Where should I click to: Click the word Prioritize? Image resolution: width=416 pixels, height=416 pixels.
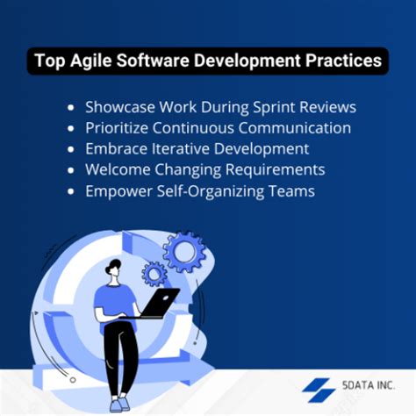[119, 128]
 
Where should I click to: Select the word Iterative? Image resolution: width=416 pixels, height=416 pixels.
[183, 148]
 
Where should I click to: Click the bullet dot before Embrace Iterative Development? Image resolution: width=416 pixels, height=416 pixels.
[71, 149]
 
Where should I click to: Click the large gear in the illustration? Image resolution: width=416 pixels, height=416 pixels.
[184, 253]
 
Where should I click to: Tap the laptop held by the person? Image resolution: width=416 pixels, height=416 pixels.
[160, 303]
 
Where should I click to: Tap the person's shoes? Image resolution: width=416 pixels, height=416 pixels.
[118, 403]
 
